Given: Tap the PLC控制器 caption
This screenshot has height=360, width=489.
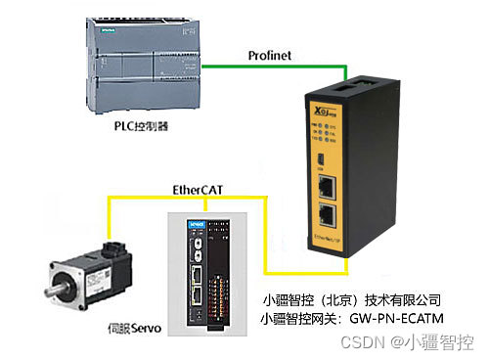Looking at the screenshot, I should point(149,126).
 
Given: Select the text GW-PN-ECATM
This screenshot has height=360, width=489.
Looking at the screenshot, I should point(384,319).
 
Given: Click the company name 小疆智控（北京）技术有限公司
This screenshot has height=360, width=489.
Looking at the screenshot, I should point(353,299).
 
